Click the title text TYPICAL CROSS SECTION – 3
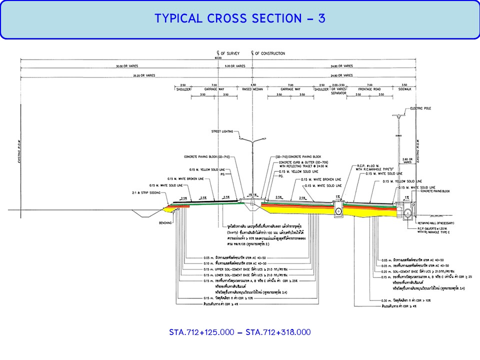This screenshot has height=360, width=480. click(x=240, y=18)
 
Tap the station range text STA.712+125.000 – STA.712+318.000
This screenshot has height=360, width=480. click(x=240, y=332)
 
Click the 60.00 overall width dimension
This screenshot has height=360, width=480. click(x=218, y=58)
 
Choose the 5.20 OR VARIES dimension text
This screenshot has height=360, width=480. click(x=234, y=66)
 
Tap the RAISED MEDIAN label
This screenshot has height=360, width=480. click(x=253, y=89)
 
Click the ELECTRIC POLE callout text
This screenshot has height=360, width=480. click(x=419, y=108)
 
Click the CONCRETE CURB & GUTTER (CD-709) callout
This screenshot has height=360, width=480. click(x=302, y=162)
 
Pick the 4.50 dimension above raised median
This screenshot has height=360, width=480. click(x=253, y=85)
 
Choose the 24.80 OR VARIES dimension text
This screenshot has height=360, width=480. click(x=341, y=66)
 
